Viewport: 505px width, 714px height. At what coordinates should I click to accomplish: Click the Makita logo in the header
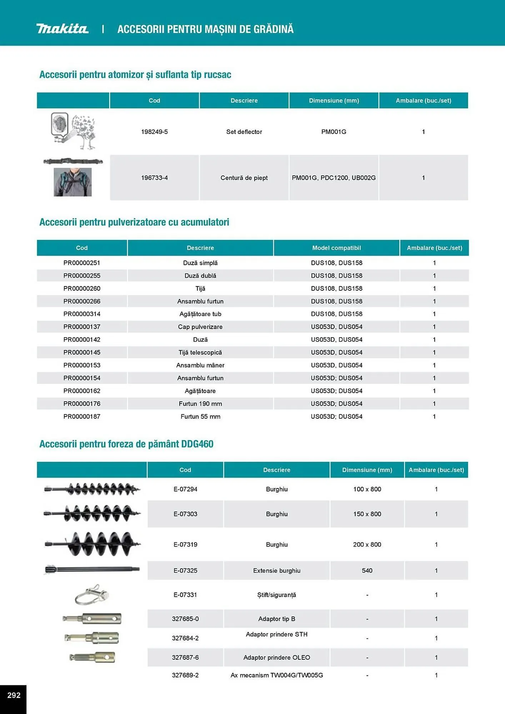pyautogui.click(x=62, y=29)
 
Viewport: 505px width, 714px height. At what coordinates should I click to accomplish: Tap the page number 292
pyautogui.click(x=14, y=695)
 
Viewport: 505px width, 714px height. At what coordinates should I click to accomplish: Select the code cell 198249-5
pyautogui.click(x=154, y=132)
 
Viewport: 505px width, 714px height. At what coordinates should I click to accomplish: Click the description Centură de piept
pyautogui.click(x=244, y=178)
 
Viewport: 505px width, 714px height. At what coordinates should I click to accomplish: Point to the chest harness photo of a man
pyautogui.click(x=72, y=182)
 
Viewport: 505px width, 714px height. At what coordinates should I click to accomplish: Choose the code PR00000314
pyautogui.click(x=82, y=314)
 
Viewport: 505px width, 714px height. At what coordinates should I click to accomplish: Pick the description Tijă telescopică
pyautogui.click(x=200, y=352)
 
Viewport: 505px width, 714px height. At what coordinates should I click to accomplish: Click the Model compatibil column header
pyautogui.click(x=336, y=248)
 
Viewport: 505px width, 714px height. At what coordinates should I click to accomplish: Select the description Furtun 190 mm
pyautogui.click(x=200, y=404)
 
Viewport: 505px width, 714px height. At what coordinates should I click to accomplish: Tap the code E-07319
pyautogui.click(x=185, y=544)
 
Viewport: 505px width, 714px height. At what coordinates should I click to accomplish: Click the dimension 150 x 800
pyautogui.click(x=367, y=514)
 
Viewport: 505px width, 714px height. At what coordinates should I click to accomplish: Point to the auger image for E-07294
pyautogui.click(x=92, y=489)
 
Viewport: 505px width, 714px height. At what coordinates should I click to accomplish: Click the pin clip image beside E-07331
pyautogui.click(x=92, y=595)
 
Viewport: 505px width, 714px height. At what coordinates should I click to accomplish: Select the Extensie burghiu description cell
pyautogui.click(x=276, y=570)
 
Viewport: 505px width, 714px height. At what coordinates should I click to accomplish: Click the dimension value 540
pyautogui.click(x=367, y=570)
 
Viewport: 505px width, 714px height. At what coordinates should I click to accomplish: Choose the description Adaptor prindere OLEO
pyautogui.click(x=276, y=658)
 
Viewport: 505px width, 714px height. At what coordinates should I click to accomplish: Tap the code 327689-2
pyautogui.click(x=185, y=675)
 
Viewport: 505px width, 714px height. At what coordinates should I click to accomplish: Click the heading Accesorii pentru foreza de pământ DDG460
pyautogui.click(x=126, y=444)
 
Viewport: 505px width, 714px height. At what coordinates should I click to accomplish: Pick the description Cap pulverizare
pyautogui.click(x=200, y=327)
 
